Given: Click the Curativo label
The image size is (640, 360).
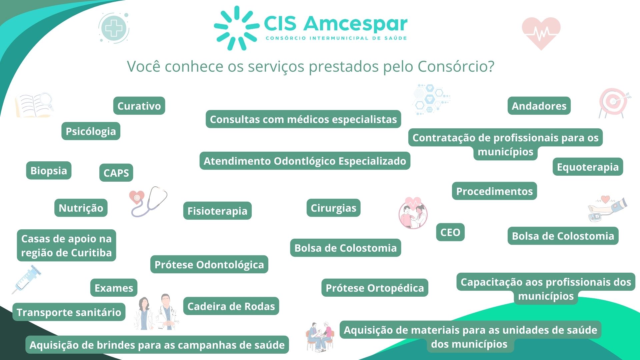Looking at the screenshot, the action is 139,106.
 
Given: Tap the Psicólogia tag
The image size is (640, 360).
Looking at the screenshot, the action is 91,131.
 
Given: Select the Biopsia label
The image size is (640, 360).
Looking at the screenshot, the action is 49,171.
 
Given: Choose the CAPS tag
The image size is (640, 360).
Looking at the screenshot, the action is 116,173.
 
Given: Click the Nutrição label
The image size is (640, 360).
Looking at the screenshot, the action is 81,208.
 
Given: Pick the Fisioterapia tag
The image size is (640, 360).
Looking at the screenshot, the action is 217,211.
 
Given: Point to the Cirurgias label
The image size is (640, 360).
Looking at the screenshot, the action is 333,208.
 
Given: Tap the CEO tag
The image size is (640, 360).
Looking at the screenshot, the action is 450,232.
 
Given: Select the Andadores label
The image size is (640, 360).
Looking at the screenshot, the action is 539,106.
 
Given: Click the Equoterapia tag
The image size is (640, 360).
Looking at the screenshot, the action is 588,167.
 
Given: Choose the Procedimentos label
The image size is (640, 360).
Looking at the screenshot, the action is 494,191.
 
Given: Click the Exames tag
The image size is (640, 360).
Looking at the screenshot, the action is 114,288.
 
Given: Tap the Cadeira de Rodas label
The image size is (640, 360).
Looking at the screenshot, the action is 231,306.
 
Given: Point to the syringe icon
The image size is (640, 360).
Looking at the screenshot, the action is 27,279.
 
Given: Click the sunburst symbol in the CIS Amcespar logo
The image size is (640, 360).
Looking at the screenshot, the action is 237,28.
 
